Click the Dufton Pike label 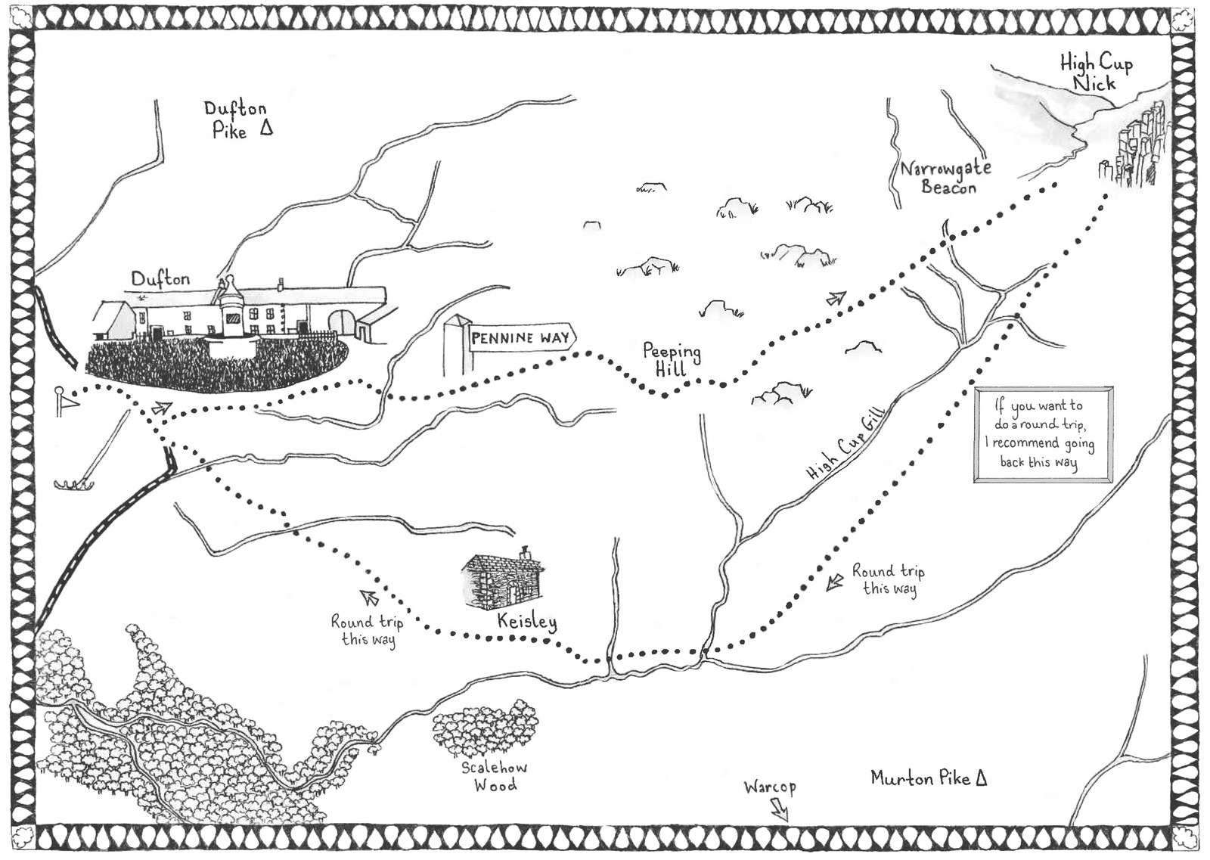click(234, 120)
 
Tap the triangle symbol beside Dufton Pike click(265, 128)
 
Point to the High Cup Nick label click(1096, 72)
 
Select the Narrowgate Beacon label click(946, 177)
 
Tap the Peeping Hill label click(672, 359)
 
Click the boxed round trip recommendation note click(1043, 434)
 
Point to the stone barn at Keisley click(501, 581)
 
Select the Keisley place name click(527, 621)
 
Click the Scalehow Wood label click(495, 776)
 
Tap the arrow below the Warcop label click(779, 811)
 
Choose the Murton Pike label click(920, 778)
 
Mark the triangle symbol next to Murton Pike click(981, 778)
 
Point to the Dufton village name click(160, 279)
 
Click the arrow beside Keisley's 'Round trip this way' click(370, 598)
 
